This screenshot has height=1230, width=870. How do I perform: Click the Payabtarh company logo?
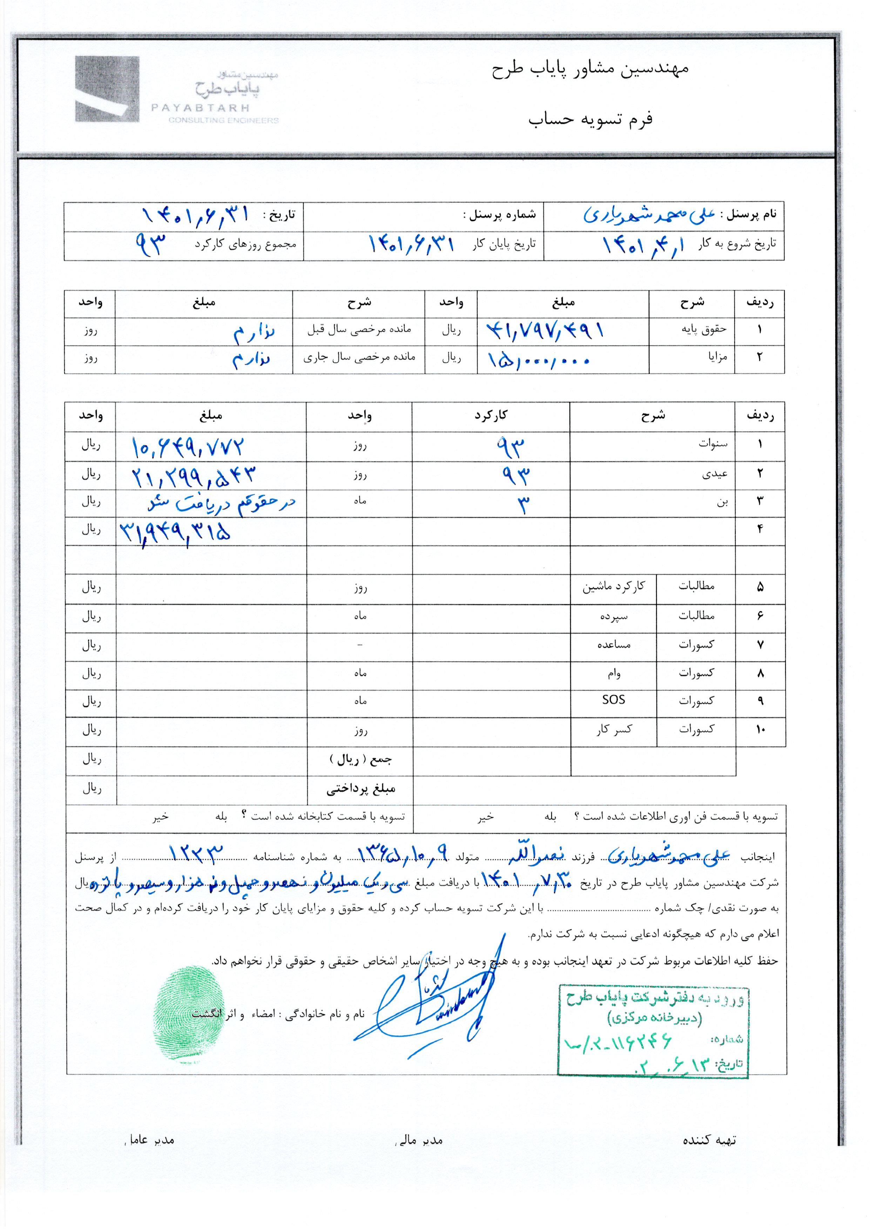(177, 90)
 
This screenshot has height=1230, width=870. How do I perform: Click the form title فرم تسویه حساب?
(591, 119)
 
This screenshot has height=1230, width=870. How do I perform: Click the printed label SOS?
(613, 700)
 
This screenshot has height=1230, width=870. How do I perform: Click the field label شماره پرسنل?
(499, 215)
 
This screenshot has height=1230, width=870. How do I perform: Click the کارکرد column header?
(491, 415)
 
